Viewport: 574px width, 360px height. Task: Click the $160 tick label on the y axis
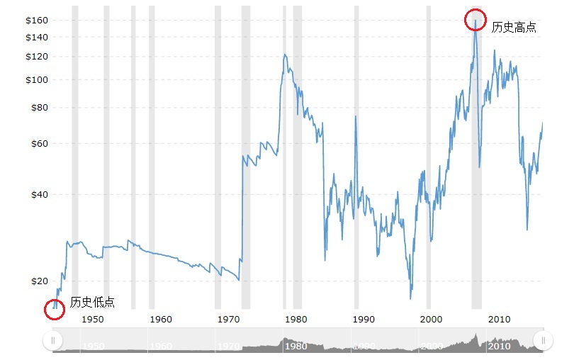[x=38, y=20]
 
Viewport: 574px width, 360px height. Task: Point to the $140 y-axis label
[x=38, y=37]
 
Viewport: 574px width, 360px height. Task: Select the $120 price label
[x=38, y=57]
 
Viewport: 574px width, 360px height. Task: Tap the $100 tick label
[x=38, y=79]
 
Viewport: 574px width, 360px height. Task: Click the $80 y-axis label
[x=40, y=108]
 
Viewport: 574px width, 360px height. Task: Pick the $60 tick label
[x=40, y=144]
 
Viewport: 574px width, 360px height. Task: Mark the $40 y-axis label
[x=40, y=194]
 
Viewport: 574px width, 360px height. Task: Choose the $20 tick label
[x=40, y=281]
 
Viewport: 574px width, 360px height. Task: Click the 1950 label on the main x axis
[x=93, y=319]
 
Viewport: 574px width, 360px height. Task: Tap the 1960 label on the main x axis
[x=161, y=319]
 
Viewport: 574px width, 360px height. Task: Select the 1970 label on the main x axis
[x=228, y=319]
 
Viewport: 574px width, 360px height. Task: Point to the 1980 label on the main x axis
[x=296, y=319]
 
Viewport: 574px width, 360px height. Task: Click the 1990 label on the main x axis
[x=364, y=319]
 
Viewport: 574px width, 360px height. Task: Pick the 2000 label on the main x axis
[x=432, y=319]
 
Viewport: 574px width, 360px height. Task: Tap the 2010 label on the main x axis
[x=499, y=319]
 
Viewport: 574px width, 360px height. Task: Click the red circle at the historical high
[x=475, y=20]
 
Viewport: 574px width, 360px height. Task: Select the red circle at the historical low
[x=55, y=309]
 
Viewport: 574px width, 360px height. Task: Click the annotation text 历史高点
[x=514, y=28]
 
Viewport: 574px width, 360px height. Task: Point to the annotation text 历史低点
[x=92, y=303]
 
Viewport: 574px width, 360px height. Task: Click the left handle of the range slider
[x=52, y=341]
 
